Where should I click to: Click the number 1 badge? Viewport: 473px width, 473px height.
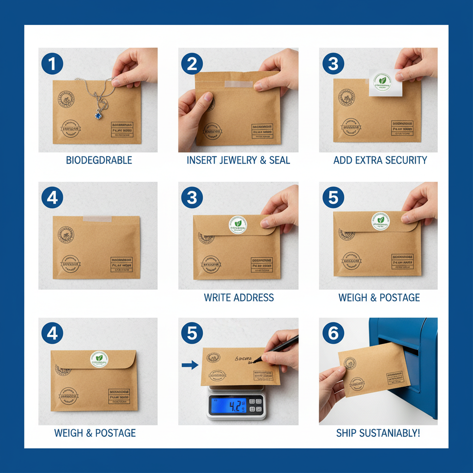(52, 64)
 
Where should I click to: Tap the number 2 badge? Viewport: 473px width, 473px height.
(192, 64)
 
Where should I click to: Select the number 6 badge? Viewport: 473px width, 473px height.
(333, 334)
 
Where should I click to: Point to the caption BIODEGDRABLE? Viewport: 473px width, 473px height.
(99, 160)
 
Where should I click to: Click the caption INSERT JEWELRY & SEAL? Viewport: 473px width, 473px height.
(238, 160)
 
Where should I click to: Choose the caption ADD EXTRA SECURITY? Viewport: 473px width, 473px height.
(380, 160)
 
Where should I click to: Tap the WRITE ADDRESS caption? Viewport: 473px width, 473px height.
(239, 297)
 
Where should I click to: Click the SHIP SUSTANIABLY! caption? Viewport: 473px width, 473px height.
(378, 433)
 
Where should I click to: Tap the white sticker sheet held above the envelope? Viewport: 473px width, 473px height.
(385, 83)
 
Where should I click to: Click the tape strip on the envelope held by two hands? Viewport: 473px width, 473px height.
(238, 85)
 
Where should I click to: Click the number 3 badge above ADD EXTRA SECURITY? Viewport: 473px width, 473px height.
(333, 64)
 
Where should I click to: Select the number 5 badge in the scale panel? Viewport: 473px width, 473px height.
(192, 334)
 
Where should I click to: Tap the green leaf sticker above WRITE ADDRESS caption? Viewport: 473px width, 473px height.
(238, 225)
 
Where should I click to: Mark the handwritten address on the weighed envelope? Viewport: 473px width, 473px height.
(245, 359)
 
